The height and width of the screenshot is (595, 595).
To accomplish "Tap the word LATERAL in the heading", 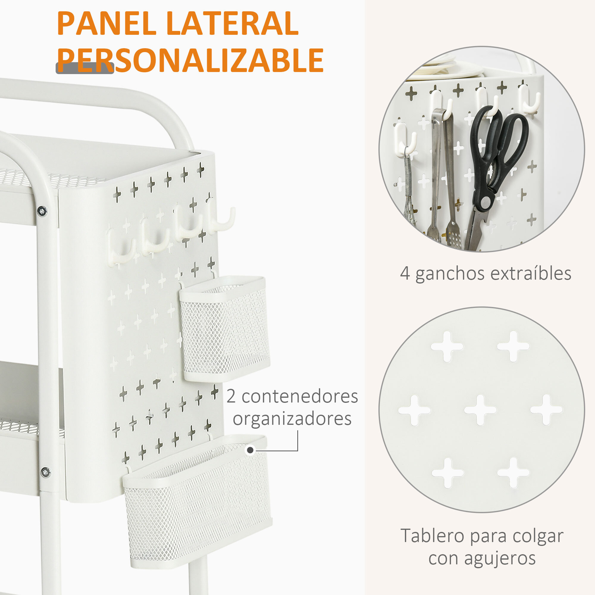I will (x=233, y=24).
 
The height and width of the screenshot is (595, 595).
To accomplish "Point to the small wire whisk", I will (x=409, y=200).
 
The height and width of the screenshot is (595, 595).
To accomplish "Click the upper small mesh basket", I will (x=225, y=328).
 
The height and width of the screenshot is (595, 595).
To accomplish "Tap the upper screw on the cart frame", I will (x=42, y=211).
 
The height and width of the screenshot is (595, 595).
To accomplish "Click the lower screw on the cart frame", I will (x=46, y=472).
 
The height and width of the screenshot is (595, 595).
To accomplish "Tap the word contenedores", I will (x=300, y=396).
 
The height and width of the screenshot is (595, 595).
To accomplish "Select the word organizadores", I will (x=292, y=419).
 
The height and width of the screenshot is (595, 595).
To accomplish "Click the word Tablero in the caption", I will (x=432, y=536).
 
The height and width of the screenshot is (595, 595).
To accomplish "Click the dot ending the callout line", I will (x=250, y=450).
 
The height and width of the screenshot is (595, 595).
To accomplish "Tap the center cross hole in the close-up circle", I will (x=480, y=410).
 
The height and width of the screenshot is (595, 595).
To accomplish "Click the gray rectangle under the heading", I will (x=85, y=68).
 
